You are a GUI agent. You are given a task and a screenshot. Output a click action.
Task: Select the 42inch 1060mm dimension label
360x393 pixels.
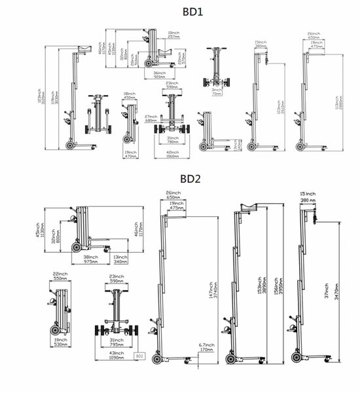172,155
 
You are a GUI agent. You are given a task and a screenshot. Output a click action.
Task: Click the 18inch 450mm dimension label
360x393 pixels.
129,96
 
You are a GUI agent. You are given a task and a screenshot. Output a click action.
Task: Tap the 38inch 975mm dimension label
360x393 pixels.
90,259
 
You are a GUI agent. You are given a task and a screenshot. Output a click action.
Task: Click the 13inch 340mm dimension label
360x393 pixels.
120,259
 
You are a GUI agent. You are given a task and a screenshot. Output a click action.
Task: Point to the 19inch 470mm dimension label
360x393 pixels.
129,155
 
